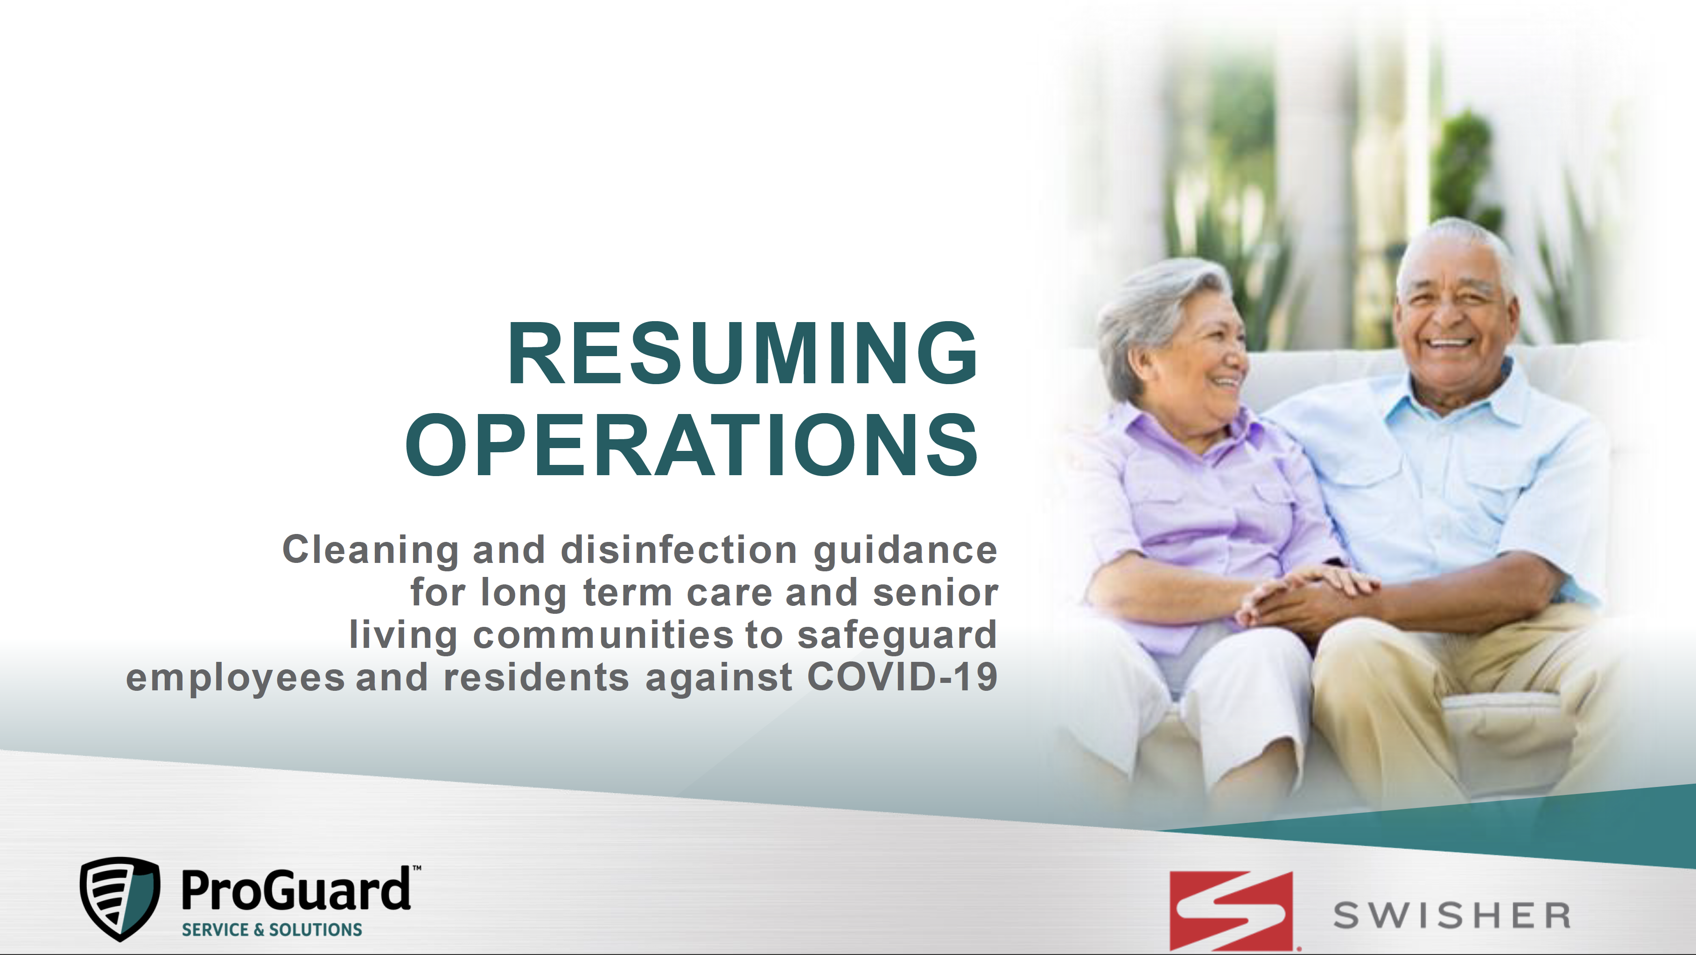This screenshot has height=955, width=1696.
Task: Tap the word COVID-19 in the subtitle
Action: [x=902, y=677]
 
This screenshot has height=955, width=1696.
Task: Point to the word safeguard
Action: [x=897, y=635]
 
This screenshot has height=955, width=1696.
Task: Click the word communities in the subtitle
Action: [x=603, y=635]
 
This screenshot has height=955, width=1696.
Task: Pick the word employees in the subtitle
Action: [x=235, y=678]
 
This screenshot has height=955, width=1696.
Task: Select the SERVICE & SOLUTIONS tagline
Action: [x=272, y=929]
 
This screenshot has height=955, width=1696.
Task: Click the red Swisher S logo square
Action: [x=1231, y=911]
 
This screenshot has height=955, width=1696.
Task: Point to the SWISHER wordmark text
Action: [x=1452, y=915]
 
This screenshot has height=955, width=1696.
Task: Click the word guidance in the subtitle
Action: [x=905, y=551]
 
